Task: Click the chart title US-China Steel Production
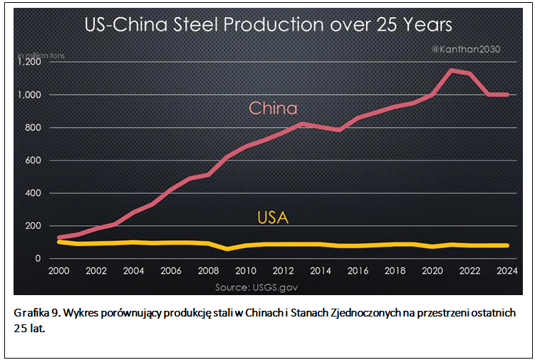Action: [268, 26]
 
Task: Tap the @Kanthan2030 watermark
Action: [467, 49]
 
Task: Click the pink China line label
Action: [273, 108]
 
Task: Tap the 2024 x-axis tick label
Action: [507, 271]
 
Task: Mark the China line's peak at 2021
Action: [451, 70]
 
